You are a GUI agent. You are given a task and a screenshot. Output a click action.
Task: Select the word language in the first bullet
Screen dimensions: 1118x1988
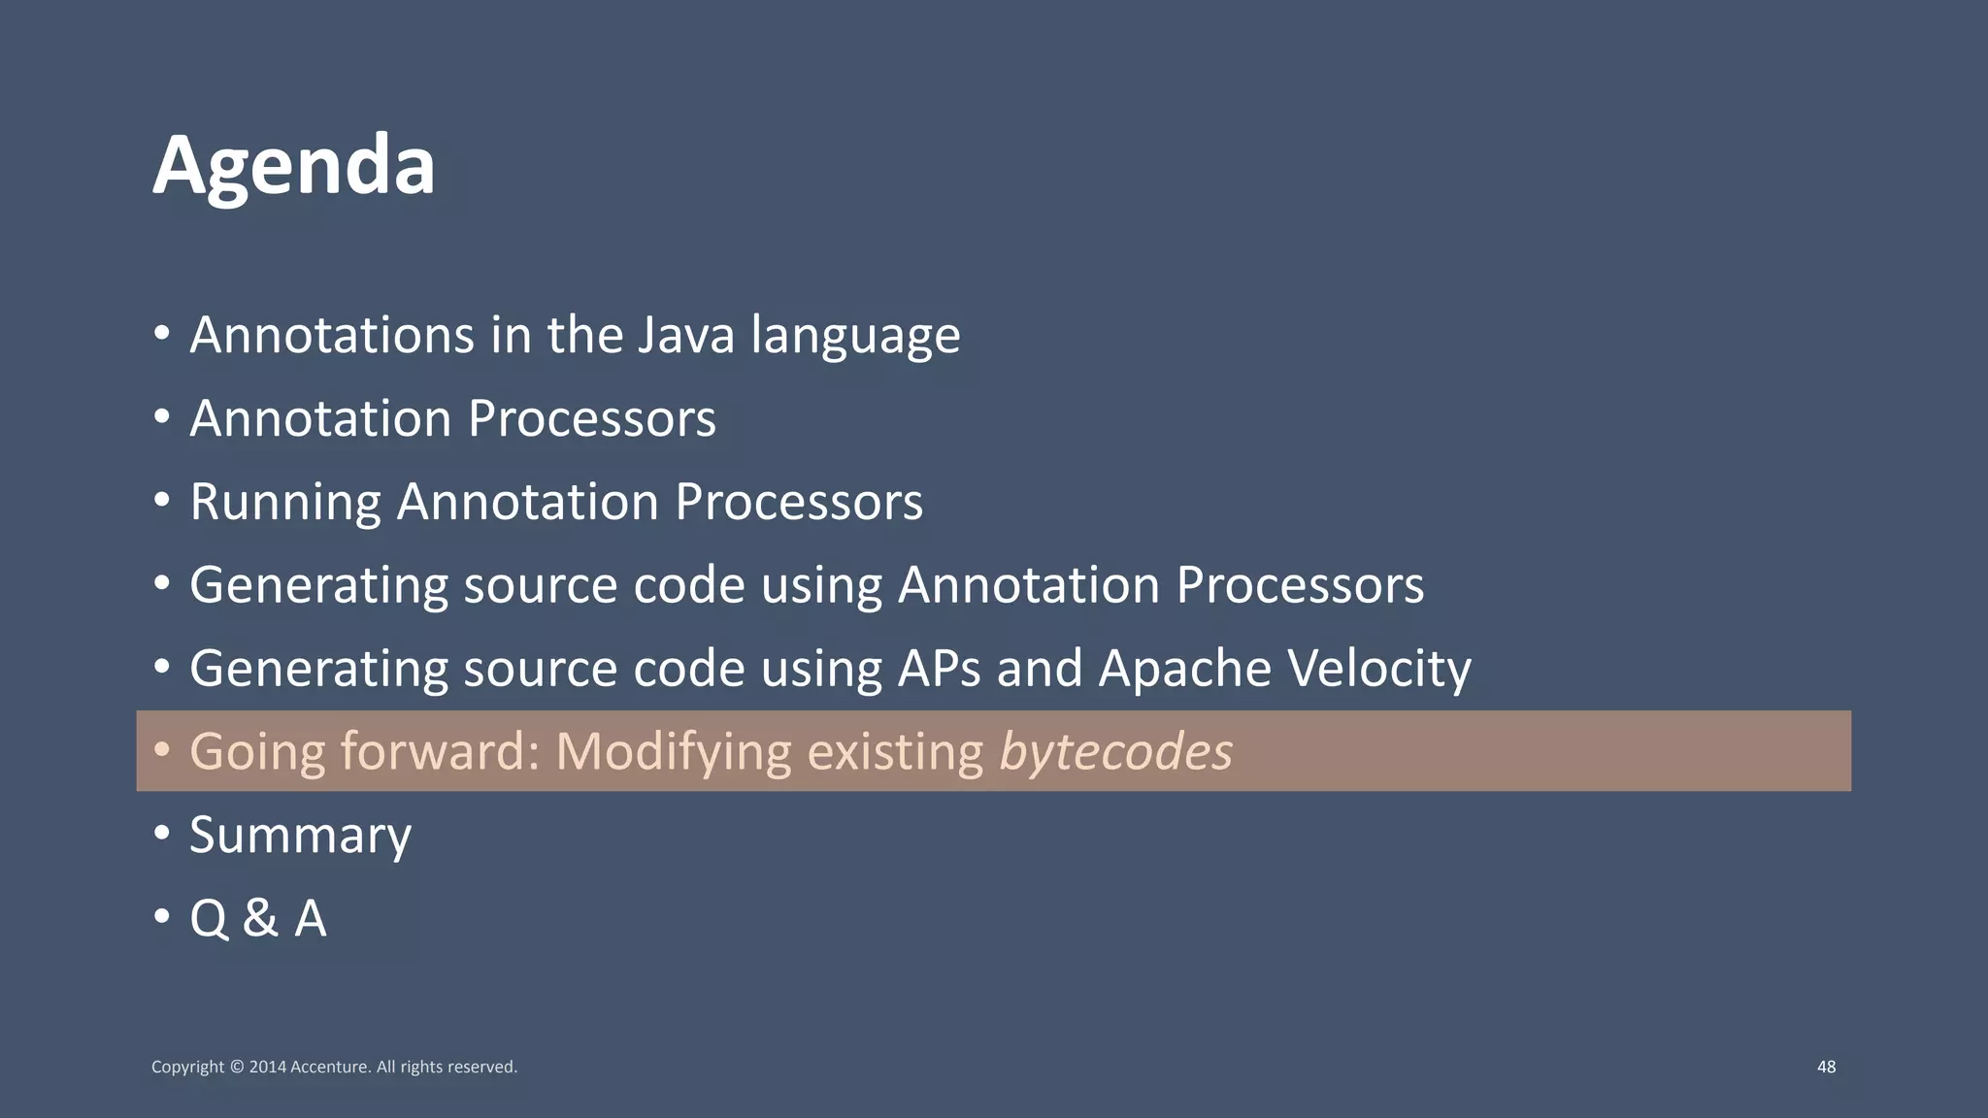pos(855,336)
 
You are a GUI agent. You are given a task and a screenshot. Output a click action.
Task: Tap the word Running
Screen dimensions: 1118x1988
pos(284,503)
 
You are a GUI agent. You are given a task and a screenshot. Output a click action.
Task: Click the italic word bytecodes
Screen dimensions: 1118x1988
pos(1115,752)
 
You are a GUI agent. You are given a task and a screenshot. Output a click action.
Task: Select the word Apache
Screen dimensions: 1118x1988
pos(1184,670)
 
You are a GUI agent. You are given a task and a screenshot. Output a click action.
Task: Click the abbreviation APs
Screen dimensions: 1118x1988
pos(939,670)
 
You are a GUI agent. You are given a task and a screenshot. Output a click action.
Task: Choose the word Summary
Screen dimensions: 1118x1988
pos(300,837)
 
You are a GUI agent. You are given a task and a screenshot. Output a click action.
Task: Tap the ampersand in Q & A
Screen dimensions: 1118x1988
pos(260,918)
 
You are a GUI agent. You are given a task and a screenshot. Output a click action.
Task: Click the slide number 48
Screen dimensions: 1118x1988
pos(1826,1067)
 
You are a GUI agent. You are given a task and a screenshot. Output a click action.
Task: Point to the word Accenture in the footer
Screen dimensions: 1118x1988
pos(330,1068)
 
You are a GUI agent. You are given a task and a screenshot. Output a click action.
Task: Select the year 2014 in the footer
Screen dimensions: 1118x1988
pos(267,1068)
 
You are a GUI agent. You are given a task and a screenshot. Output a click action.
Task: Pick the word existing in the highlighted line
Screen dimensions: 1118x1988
pos(895,752)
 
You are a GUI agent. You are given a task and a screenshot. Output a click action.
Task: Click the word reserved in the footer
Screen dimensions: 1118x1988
pos(481,1068)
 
